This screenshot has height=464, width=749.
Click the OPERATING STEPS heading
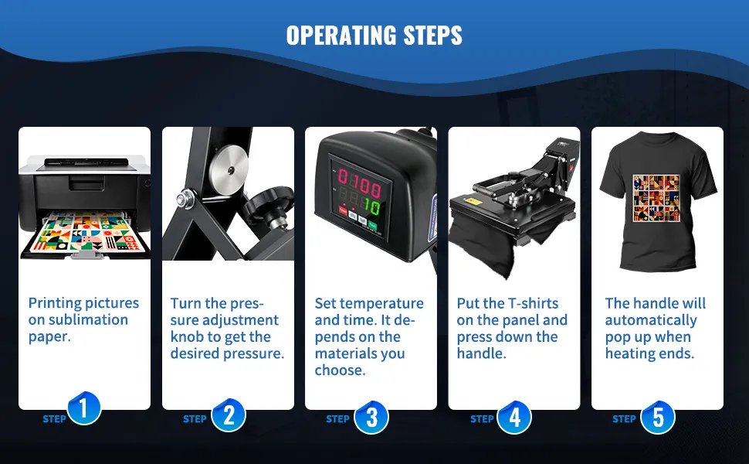(x=374, y=36)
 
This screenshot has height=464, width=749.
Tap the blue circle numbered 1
(x=84, y=408)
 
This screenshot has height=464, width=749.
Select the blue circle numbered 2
(x=229, y=415)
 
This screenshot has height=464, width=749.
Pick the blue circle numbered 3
(x=371, y=417)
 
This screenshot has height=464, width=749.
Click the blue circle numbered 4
(x=514, y=417)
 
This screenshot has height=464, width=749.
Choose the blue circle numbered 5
(x=658, y=417)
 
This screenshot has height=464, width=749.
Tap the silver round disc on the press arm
(x=229, y=170)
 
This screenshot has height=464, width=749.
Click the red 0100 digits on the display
(x=359, y=183)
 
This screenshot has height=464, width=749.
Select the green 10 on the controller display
(x=371, y=206)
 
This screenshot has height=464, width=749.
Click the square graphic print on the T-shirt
(x=656, y=198)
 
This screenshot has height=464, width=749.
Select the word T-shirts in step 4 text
(x=533, y=303)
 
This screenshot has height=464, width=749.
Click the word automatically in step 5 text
(x=651, y=320)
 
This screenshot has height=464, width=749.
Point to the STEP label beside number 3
(x=337, y=419)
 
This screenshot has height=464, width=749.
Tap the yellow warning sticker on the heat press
(x=474, y=201)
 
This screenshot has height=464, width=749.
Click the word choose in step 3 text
(x=340, y=370)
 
